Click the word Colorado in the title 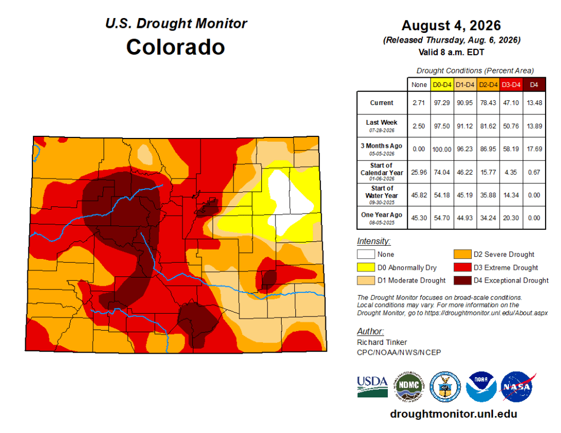[x=175, y=47]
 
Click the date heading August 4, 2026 [x=451, y=26]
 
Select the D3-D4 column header [x=511, y=85]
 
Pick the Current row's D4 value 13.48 [x=534, y=103]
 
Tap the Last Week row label [x=381, y=122]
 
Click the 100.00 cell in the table [x=442, y=149]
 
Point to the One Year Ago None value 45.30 [x=419, y=218]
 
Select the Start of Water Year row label [x=382, y=192]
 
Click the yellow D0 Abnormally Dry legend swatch [x=365, y=268]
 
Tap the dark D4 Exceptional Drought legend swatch [x=462, y=280]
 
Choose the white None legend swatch [x=365, y=254]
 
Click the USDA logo [x=373, y=386]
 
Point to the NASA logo [x=517, y=386]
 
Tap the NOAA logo [x=481, y=386]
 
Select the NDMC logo [x=409, y=386]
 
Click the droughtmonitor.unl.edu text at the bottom [x=453, y=414]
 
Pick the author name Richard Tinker [x=382, y=342]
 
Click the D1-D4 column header [x=465, y=85]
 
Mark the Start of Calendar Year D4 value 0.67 [x=534, y=172]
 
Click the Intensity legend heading [x=374, y=241]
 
